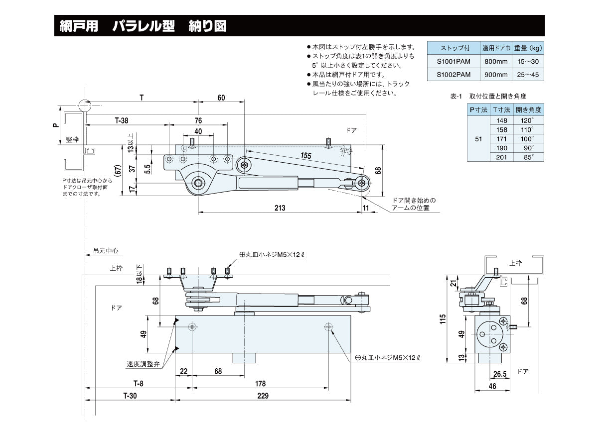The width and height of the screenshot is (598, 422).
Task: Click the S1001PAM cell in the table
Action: click(453, 61)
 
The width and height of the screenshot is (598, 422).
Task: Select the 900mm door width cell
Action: click(495, 75)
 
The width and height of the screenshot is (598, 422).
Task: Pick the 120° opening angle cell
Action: click(528, 120)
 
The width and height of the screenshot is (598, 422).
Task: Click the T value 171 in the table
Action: click(501, 139)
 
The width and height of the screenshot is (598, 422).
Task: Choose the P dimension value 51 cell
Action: click(478, 139)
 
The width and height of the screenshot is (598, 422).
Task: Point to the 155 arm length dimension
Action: click(305, 156)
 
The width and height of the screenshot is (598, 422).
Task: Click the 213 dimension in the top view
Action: click(280, 208)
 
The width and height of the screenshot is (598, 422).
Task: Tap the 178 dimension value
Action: click(260, 384)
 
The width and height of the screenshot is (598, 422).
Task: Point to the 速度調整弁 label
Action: click(143, 364)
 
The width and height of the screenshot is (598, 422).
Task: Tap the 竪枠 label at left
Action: click(72, 140)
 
